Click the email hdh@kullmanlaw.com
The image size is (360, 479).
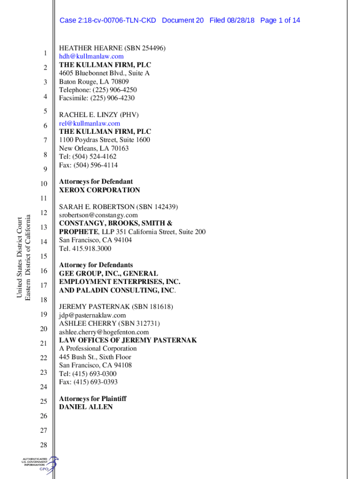(x=91, y=57)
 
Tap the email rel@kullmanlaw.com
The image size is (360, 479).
(x=89, y=123)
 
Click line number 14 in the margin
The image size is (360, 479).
(x=44, y=242)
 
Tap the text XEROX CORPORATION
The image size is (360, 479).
(x=99, y=190)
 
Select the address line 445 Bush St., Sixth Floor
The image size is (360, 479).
(x=95, y=357)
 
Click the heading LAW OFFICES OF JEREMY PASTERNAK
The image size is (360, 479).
(x=128, y=340)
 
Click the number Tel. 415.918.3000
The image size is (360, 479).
(x=85, y=248)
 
